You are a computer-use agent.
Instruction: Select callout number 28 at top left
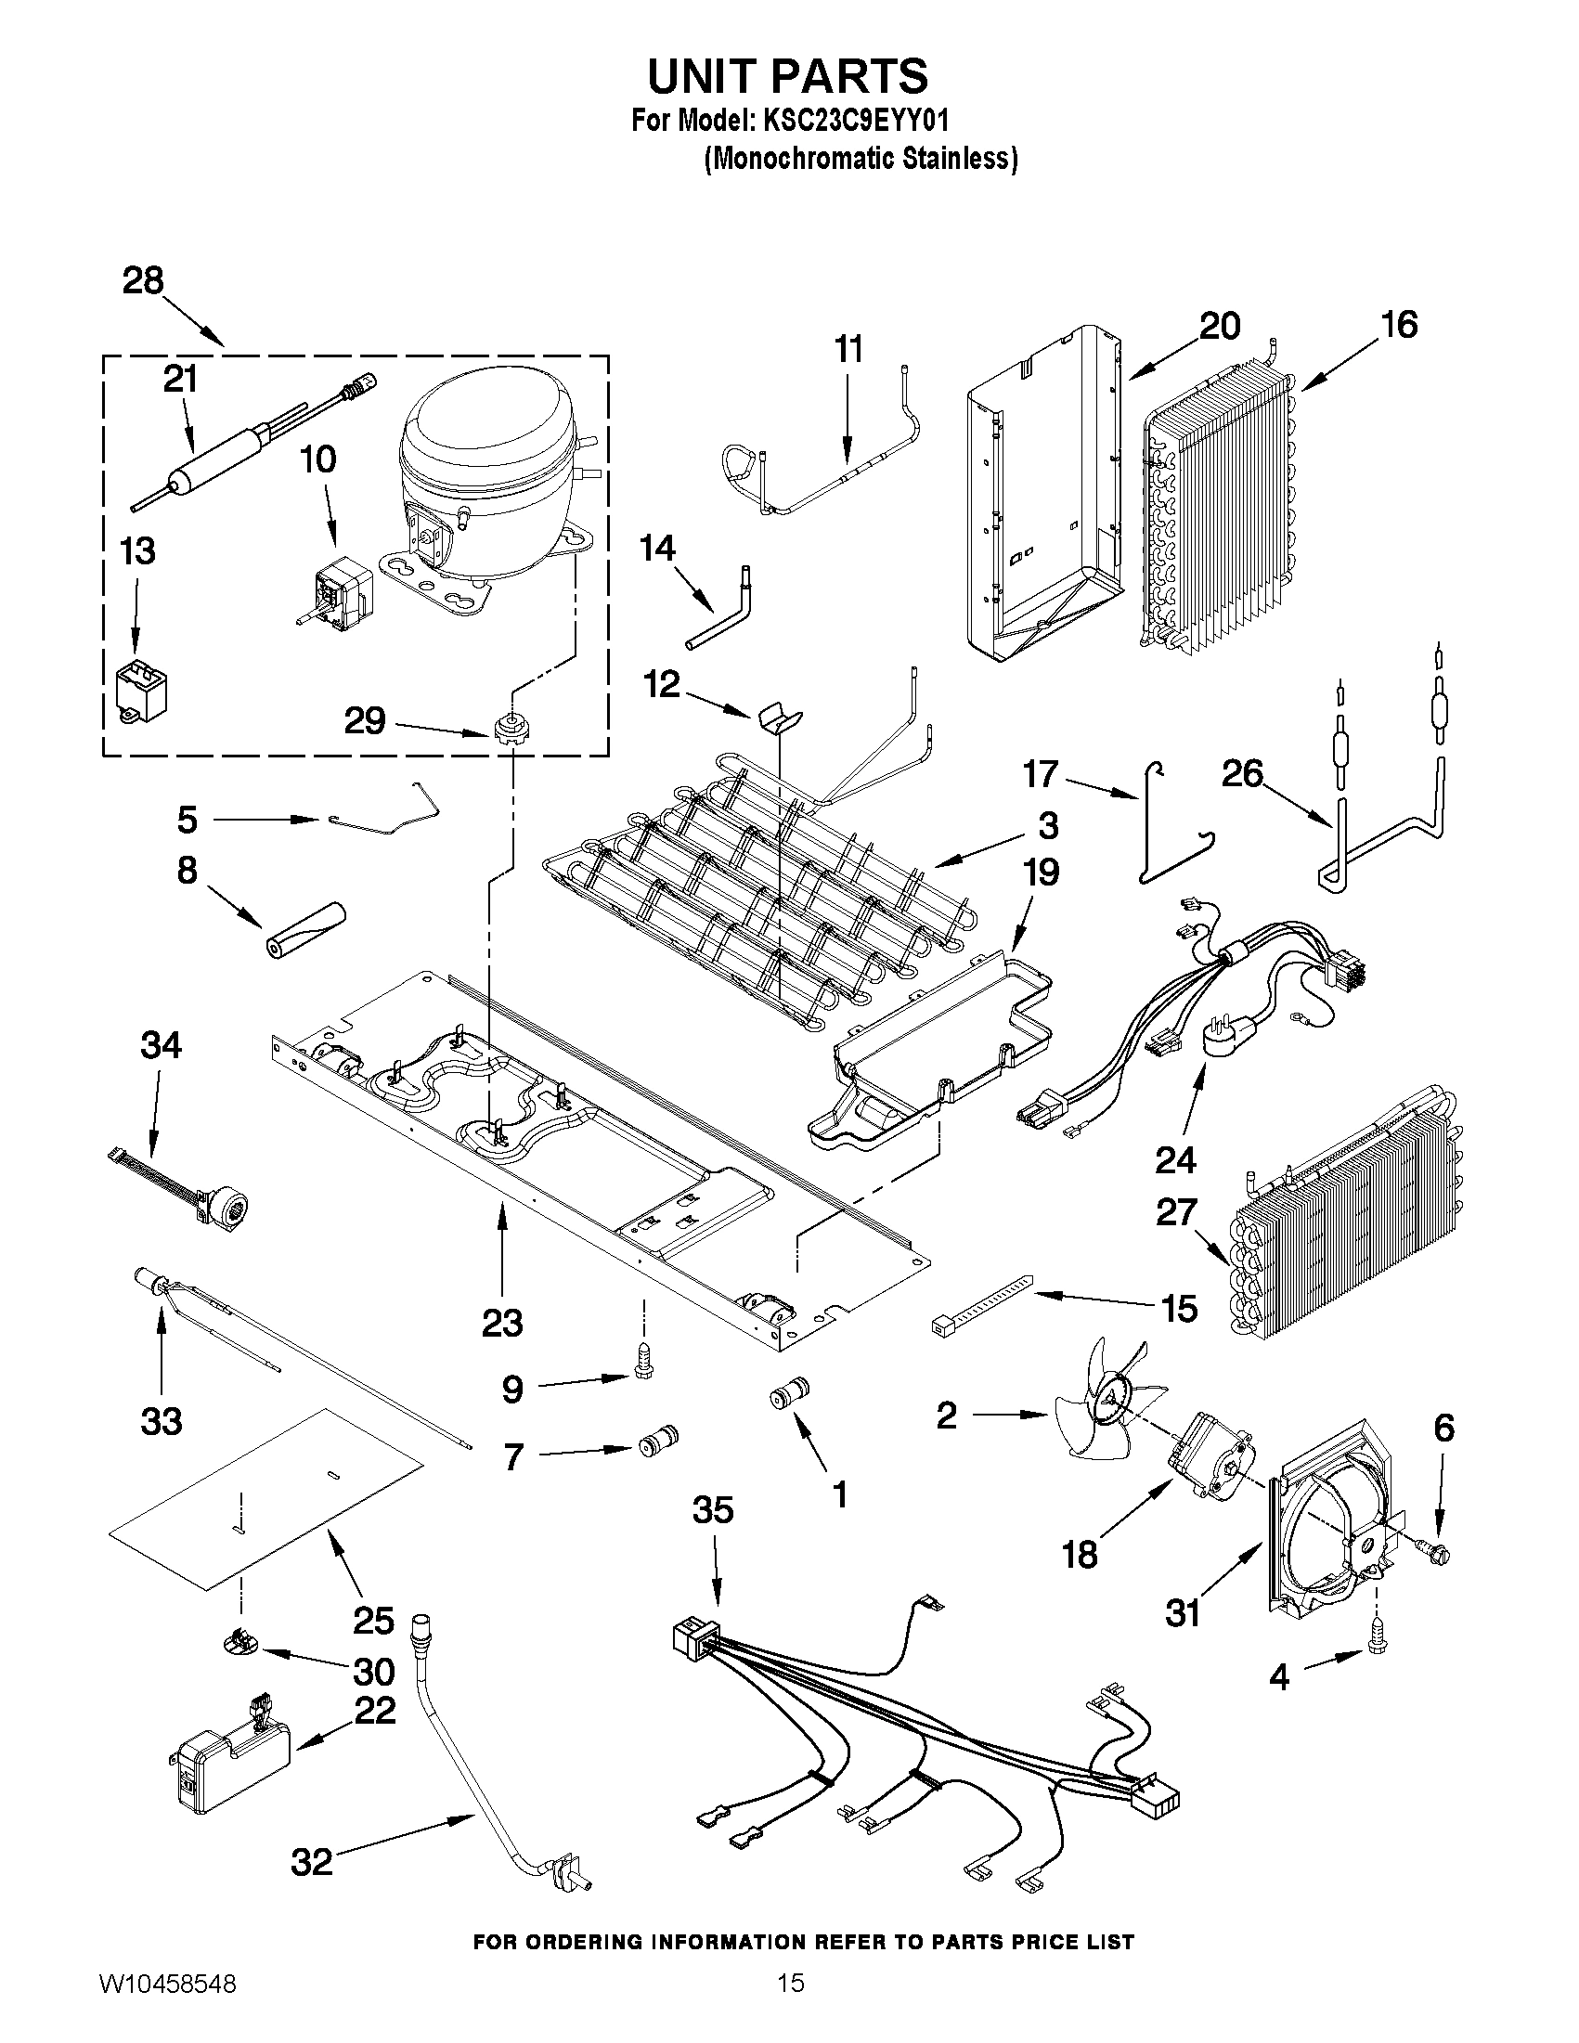click(143, 280)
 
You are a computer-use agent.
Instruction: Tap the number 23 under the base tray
click(501, 1323)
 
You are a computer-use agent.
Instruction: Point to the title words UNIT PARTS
click(788, 75)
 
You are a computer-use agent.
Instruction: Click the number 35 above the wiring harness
click(713, 1510)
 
